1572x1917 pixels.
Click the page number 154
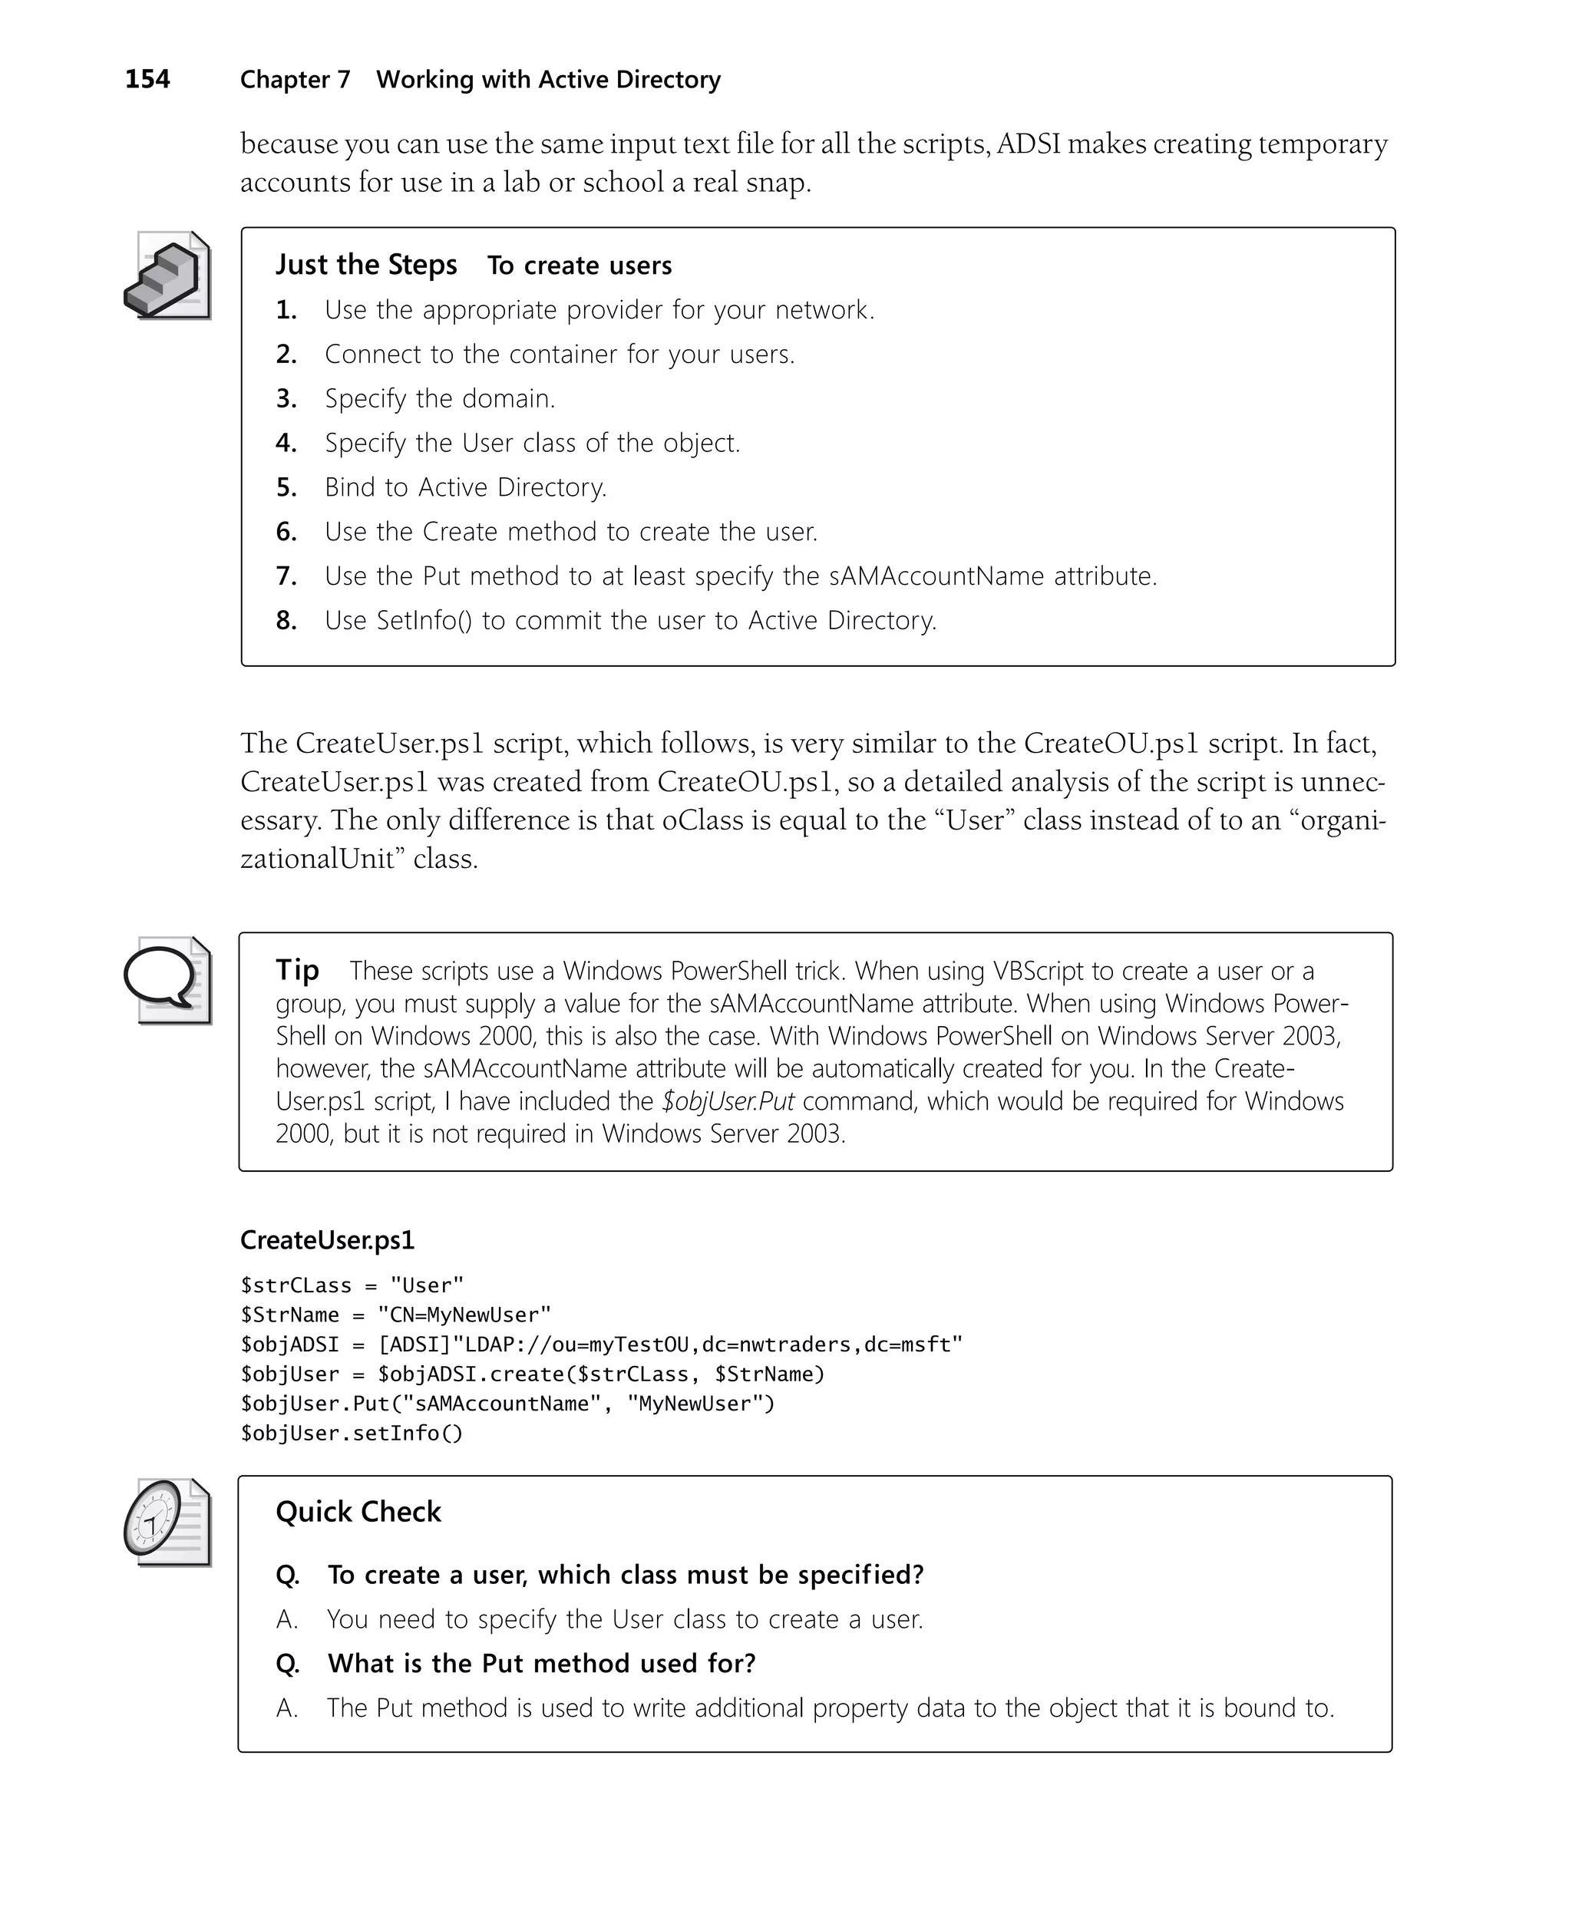(147, 80)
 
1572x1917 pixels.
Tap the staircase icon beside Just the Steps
(167, 276)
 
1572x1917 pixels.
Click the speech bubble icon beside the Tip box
(167, 981)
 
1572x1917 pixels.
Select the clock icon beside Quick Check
(167, 1523)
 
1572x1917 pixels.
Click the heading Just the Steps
(366, 266)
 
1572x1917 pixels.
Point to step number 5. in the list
(286, 488)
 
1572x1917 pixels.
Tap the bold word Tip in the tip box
(297, 970)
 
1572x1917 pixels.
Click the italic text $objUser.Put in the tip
(728, 1101)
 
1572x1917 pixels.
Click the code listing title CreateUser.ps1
(327, 1240)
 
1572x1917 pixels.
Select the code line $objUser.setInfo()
(352, 1434)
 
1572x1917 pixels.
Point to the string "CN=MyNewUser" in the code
(464, 1315)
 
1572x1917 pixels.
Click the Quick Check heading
(358, 1513)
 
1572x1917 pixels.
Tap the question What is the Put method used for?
(541, 1664)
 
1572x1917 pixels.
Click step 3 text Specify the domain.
(440, 399)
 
